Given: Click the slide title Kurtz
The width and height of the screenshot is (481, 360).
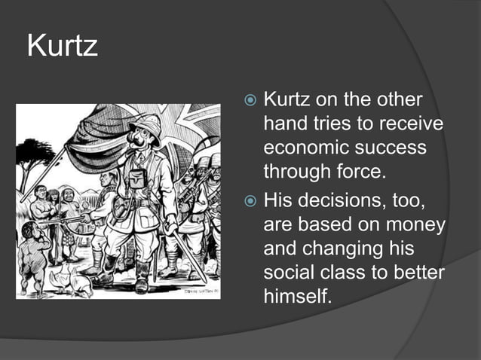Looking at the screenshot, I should [x=63, y=47].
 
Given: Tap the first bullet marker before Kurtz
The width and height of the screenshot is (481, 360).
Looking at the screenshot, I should [x=251, y=101].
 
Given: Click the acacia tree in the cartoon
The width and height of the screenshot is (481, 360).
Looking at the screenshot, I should [x=34, y=154].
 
